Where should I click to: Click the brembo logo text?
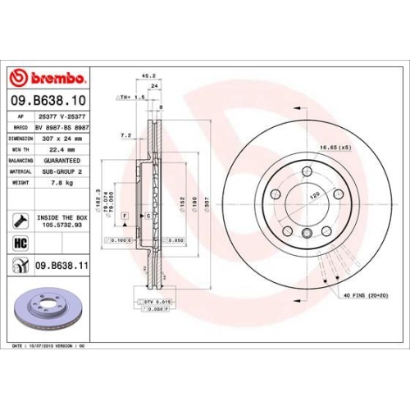click(55, 78)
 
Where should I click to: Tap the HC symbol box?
click(20, 244)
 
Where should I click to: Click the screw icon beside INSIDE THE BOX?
click(20, 221)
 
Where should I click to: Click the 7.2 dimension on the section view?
click(125, 134)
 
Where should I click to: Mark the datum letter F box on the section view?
click(123, 214)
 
